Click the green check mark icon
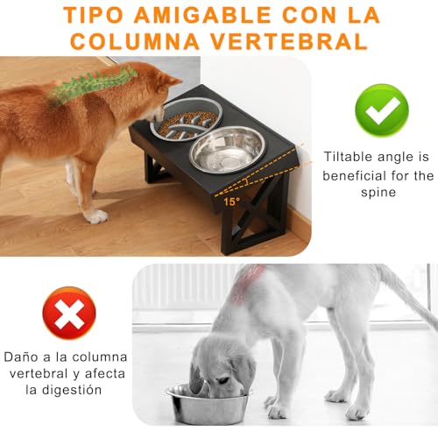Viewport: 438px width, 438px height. pos(381,109)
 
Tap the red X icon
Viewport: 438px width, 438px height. pos(69,313)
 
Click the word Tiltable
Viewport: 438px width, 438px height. pos(350,157)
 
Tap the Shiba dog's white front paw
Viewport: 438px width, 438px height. pos(95,215)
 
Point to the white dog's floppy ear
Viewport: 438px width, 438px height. pos(242,368)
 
